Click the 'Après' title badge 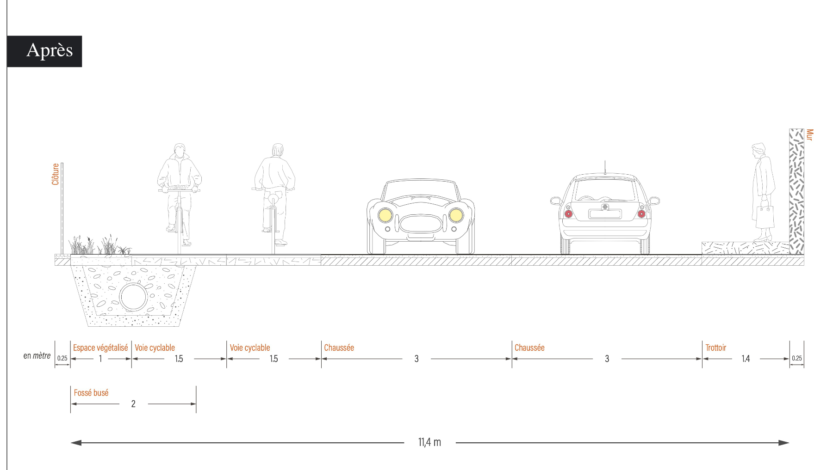click(x=44, y=51)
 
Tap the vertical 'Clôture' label click(x=56, y=174)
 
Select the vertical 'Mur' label click(x=809, y=134)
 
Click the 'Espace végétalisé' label click(x=100, y=348)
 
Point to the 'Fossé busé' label click(x=91, y=393)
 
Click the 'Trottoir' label click(x=715, y=348)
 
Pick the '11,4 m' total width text click(x=429, y=442)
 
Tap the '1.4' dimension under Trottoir click(x=746, y=359)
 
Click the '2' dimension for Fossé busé click(x=133, y=404)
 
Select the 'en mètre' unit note click(x=37, y=356)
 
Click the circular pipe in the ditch click(x=133, y=297)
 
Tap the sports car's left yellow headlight click(x=385, y=215)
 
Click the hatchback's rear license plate click(x=605, y=214)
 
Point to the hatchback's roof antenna click(x=605, y=167)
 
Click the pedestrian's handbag click(x=765, y=215)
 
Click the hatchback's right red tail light click(x=641, y=214)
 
